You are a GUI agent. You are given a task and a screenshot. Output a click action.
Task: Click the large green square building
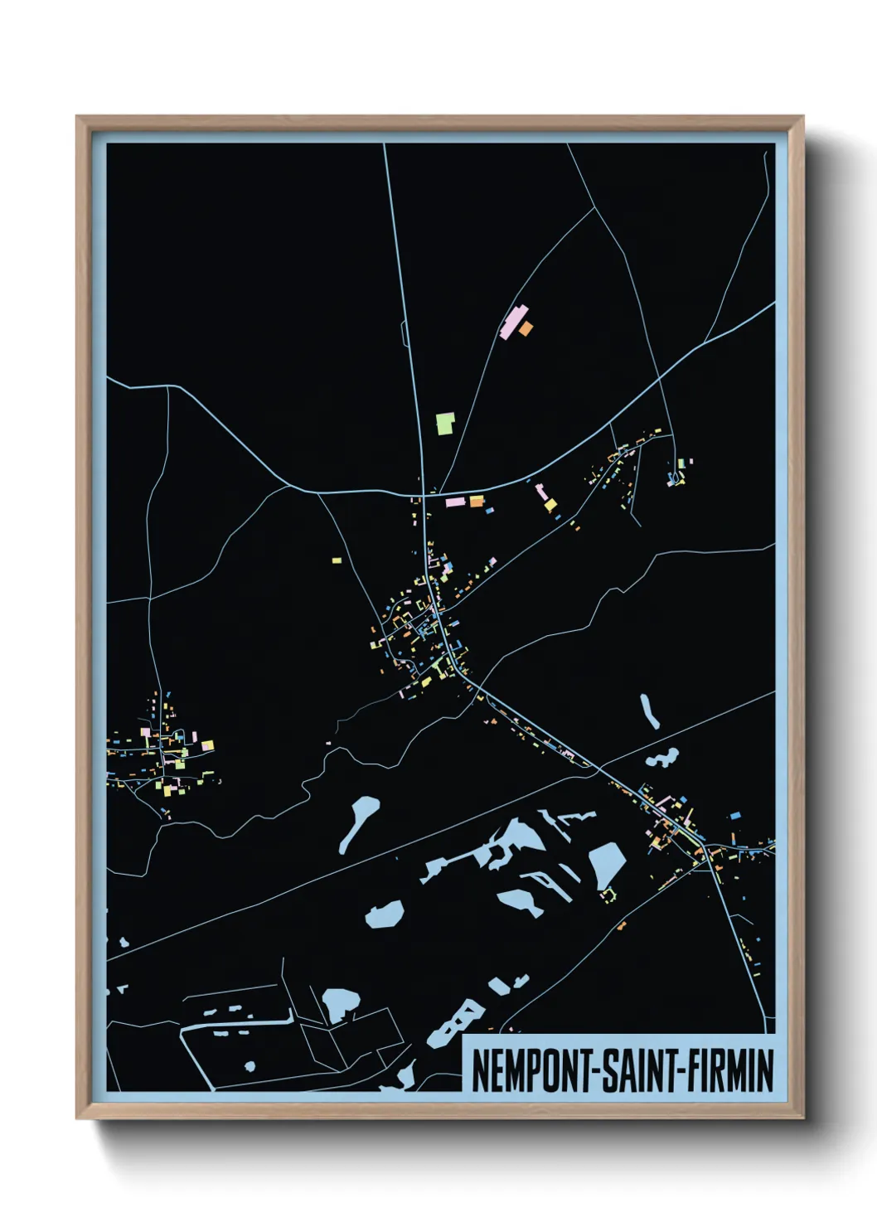445,424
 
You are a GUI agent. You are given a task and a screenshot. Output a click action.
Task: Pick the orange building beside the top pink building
526,329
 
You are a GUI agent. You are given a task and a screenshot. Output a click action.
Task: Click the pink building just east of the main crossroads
455,502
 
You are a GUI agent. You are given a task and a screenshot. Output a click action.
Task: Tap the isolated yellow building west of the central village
337,560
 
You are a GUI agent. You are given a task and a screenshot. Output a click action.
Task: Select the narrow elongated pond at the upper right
649,711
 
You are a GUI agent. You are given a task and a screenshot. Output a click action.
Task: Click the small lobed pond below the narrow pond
663,758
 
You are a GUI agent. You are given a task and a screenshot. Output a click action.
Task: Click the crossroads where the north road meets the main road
424,496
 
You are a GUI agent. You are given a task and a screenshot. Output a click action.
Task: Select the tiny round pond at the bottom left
249,1066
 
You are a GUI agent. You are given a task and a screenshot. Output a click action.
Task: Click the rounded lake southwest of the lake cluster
385,915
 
